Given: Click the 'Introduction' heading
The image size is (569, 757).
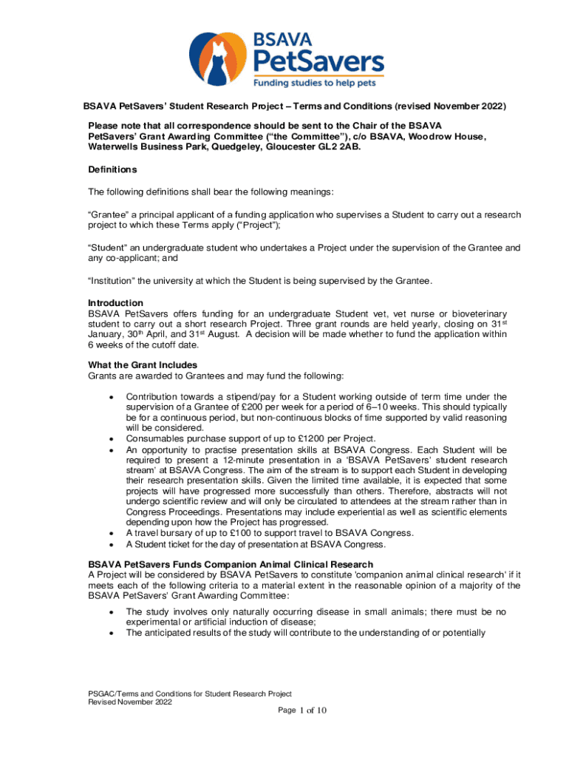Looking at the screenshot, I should pos(115,303).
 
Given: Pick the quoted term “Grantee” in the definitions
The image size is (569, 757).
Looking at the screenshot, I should pos(109,215).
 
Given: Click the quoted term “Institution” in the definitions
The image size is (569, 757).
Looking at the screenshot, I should pos(112,281).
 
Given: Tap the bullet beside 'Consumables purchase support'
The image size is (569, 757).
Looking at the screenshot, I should pos(111,438).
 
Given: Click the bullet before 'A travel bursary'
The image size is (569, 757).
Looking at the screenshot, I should pos(111,534).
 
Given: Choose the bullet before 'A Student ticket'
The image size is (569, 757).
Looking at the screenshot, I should pos(111,545).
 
